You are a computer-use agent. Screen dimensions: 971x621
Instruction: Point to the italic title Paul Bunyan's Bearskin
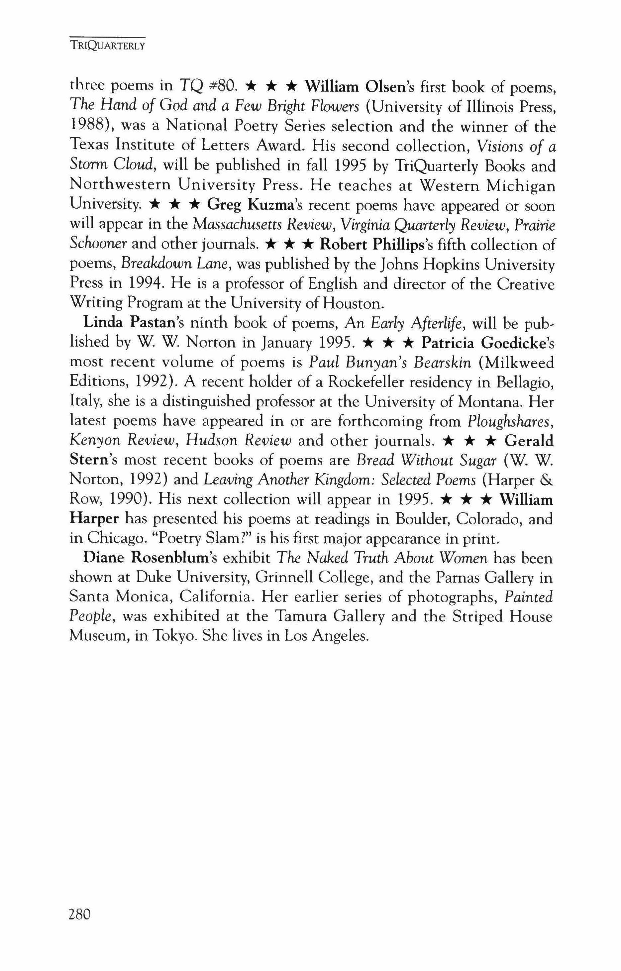(x=389, y=363)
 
